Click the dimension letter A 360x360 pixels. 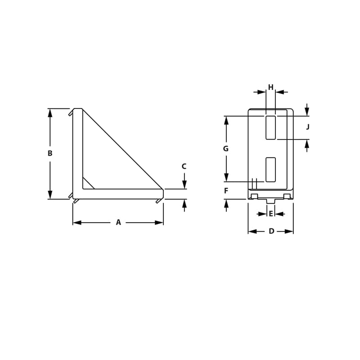coord(118,222)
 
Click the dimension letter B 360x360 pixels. coord(50,153)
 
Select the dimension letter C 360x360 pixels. coord(184,166)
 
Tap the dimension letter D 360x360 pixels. coord(271,231)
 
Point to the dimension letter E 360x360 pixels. coord(271,214)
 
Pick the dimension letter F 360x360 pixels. coord(226,191)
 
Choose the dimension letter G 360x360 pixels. coord(226,148)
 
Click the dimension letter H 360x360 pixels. coord(271,87)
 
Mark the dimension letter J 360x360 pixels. coord(308,127)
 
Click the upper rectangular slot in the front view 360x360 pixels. coord(270,127)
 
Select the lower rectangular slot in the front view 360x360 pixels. coord(270,170)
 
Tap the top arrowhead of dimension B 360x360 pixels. coord(50,112)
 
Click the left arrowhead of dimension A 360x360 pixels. coord(77,222)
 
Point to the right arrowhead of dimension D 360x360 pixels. coord(289,231)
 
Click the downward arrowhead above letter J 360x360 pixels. coord(307,112)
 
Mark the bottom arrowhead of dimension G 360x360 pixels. coord(226,178)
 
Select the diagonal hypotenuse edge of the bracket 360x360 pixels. coord(122,149)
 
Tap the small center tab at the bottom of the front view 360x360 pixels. coord(270,201)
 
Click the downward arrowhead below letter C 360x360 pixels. coord(184,185)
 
